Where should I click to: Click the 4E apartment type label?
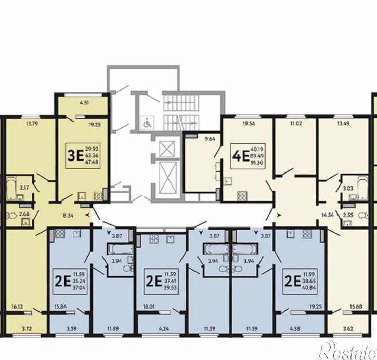pos(240,156)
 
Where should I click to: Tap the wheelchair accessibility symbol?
pos(147,123)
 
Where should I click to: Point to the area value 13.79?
pos(30,124)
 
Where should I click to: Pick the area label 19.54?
pos(249,124)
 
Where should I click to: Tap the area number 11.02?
pos(296,124)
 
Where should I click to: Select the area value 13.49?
pos(343,124)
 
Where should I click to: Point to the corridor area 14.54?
pos(329,215)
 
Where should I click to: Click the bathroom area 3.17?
pos(24,188)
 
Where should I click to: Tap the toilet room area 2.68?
pos(24,214)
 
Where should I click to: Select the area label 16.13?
pos(17,306)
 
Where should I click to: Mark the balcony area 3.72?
pos(27,328)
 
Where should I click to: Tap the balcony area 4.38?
pos(295,328)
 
